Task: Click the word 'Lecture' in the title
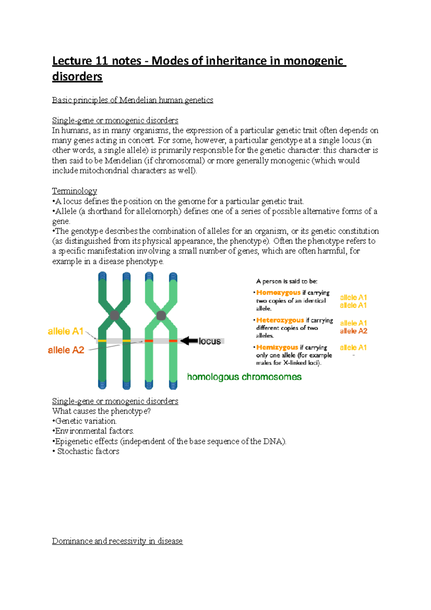[72, 61]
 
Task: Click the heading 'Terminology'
[74, 191]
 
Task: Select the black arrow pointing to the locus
[189, 341]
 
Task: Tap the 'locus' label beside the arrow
[210, 341]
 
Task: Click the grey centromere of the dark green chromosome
[115, 315]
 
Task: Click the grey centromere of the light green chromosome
[161, 315]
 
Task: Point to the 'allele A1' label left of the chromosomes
[66, 331]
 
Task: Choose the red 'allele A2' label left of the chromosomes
[66, 350]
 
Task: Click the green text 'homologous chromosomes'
[244, 377]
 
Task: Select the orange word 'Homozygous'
[278, 292]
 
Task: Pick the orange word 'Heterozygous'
[280, 320]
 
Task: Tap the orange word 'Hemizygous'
[277, 347]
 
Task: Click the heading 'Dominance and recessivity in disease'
[117, 541]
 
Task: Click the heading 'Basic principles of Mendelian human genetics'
[133, 100]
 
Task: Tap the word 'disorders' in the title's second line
[77, 77]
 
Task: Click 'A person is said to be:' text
[287, 281]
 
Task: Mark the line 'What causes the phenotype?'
[101, 411]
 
